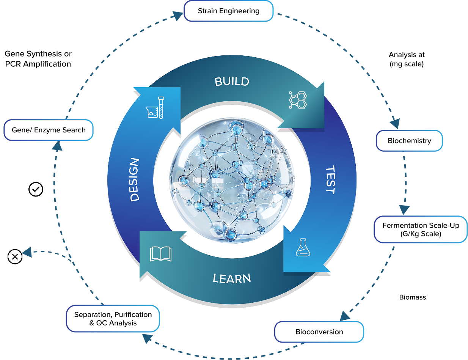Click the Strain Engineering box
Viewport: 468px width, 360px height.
point(228,11)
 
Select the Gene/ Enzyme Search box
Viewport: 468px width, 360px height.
point(49,130)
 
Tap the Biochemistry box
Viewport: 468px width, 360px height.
point(409,141)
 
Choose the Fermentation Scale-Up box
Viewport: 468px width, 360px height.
point(421,230)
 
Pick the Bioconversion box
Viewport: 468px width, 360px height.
point(319,332)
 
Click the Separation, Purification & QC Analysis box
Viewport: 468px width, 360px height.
point(113,319)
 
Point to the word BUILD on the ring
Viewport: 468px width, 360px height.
point(232,81)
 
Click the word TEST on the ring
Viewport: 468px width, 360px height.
point(330,180)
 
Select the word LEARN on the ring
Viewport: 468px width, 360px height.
point(232,279)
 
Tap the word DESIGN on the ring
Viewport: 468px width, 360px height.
point(134,180)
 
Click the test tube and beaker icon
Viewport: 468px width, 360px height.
point(155,108)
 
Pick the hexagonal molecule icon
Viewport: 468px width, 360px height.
point(298,100)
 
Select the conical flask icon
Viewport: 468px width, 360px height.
point(302,247)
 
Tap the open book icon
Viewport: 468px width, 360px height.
point(161,254)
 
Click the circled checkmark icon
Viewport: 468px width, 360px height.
point(36,189)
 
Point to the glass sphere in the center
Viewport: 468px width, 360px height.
point(232,181)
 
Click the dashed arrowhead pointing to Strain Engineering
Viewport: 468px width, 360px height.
point(177,16)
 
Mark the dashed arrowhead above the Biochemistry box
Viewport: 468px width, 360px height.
point(395,123)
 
